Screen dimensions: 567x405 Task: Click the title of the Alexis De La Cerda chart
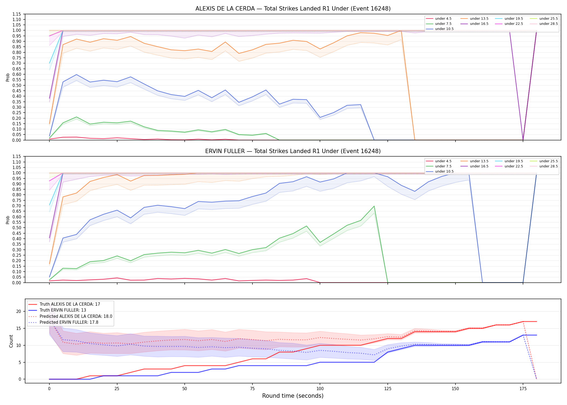click(293, 9)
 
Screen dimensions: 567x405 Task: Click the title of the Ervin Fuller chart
click(293, 151)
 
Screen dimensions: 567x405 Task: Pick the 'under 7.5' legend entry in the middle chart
click(439, 166)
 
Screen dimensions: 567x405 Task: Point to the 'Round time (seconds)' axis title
click(293, 396)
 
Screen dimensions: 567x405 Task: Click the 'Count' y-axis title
click(11, 341)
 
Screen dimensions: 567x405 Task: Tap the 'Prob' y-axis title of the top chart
click(8, 77)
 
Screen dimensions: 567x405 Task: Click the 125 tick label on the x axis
click(388, 389)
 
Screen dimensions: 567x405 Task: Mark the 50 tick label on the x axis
click(185, 389)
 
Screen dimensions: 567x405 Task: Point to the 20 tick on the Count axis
click(19, 312)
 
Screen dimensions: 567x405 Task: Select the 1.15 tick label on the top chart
click(17, 14)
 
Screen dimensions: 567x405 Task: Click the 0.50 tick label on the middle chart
click(17, 228)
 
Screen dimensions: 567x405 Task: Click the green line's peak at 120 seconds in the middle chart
click(374, 206)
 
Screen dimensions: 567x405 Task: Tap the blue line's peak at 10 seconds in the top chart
click(76, 75)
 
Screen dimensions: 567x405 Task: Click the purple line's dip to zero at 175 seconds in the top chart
click(523, 140)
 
